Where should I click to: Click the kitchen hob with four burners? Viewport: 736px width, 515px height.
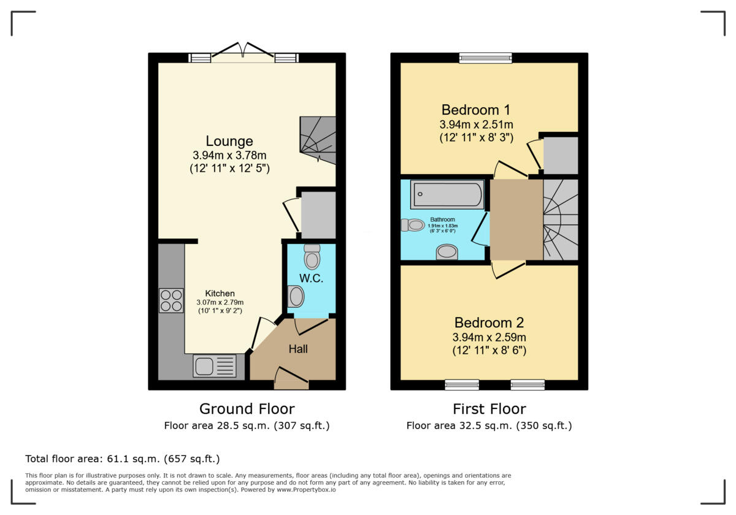(x=171, y=300)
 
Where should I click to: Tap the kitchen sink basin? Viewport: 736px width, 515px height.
(x=204, y=366)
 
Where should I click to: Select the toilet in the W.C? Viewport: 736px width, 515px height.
(x=312, y=257)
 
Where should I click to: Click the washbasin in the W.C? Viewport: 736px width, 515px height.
(x=296, y=297)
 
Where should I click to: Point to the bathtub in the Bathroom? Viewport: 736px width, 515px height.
(x=447, y=194)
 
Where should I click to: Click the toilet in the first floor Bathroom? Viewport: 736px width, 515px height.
(x=413, y=226)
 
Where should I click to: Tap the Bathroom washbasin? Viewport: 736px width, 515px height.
(x=447, y=252)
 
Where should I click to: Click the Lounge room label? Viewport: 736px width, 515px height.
(x=229, y=141)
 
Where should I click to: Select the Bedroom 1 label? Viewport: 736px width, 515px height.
(x=476, y=110)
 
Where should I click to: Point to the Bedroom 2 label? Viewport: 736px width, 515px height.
(x=489, y=322)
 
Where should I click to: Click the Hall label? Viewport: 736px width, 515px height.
(x=298, y=349)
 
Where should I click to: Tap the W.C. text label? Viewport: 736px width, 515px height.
(x=311, y=278)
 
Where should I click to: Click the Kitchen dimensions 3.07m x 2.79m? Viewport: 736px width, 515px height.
(x=220, y=302)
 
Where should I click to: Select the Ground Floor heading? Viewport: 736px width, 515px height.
(x=247, y=409)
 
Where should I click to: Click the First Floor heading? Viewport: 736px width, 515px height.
(x=489, y=409)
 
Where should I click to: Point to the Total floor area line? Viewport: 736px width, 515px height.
(x=123, y=459)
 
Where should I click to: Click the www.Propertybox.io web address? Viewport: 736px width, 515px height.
(x=306, y=490)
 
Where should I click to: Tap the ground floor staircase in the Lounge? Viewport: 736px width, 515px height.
(x=318, y=140)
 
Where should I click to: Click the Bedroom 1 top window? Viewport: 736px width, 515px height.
(x=486, y=58)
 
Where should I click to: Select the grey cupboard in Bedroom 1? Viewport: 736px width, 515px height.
(x=561, y=155)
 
